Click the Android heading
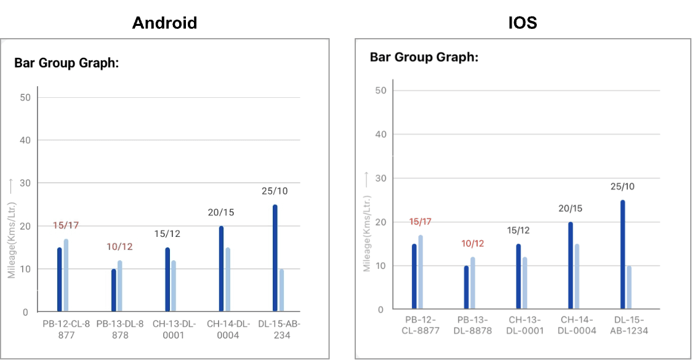[x=165, y=23]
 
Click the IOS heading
[x=522, y=23]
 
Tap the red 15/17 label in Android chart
[x=65, y=225]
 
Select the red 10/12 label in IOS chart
[x=473, y=243]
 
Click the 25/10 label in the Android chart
[x=275, y=191]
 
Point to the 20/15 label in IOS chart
[x=569, y=209]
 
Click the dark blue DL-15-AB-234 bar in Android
[x=275, y=258]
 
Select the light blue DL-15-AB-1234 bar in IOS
[x=629, y=287]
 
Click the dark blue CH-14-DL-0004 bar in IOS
[x=570, y=265]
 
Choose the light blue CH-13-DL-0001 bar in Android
[x=174, y=286]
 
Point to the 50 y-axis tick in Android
[x=25, y=97]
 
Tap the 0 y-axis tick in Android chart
[x=25, y=312]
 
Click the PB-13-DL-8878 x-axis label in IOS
[x=473, y=325]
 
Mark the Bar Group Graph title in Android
[x=66, y=63]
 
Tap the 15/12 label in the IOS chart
[x=518, y=230]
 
